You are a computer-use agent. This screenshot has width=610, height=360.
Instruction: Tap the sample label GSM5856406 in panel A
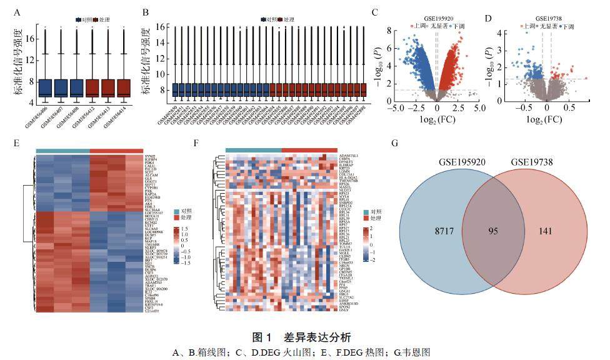(x=37, y=115)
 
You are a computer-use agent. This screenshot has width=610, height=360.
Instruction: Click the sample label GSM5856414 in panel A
(x=116, y=115)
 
